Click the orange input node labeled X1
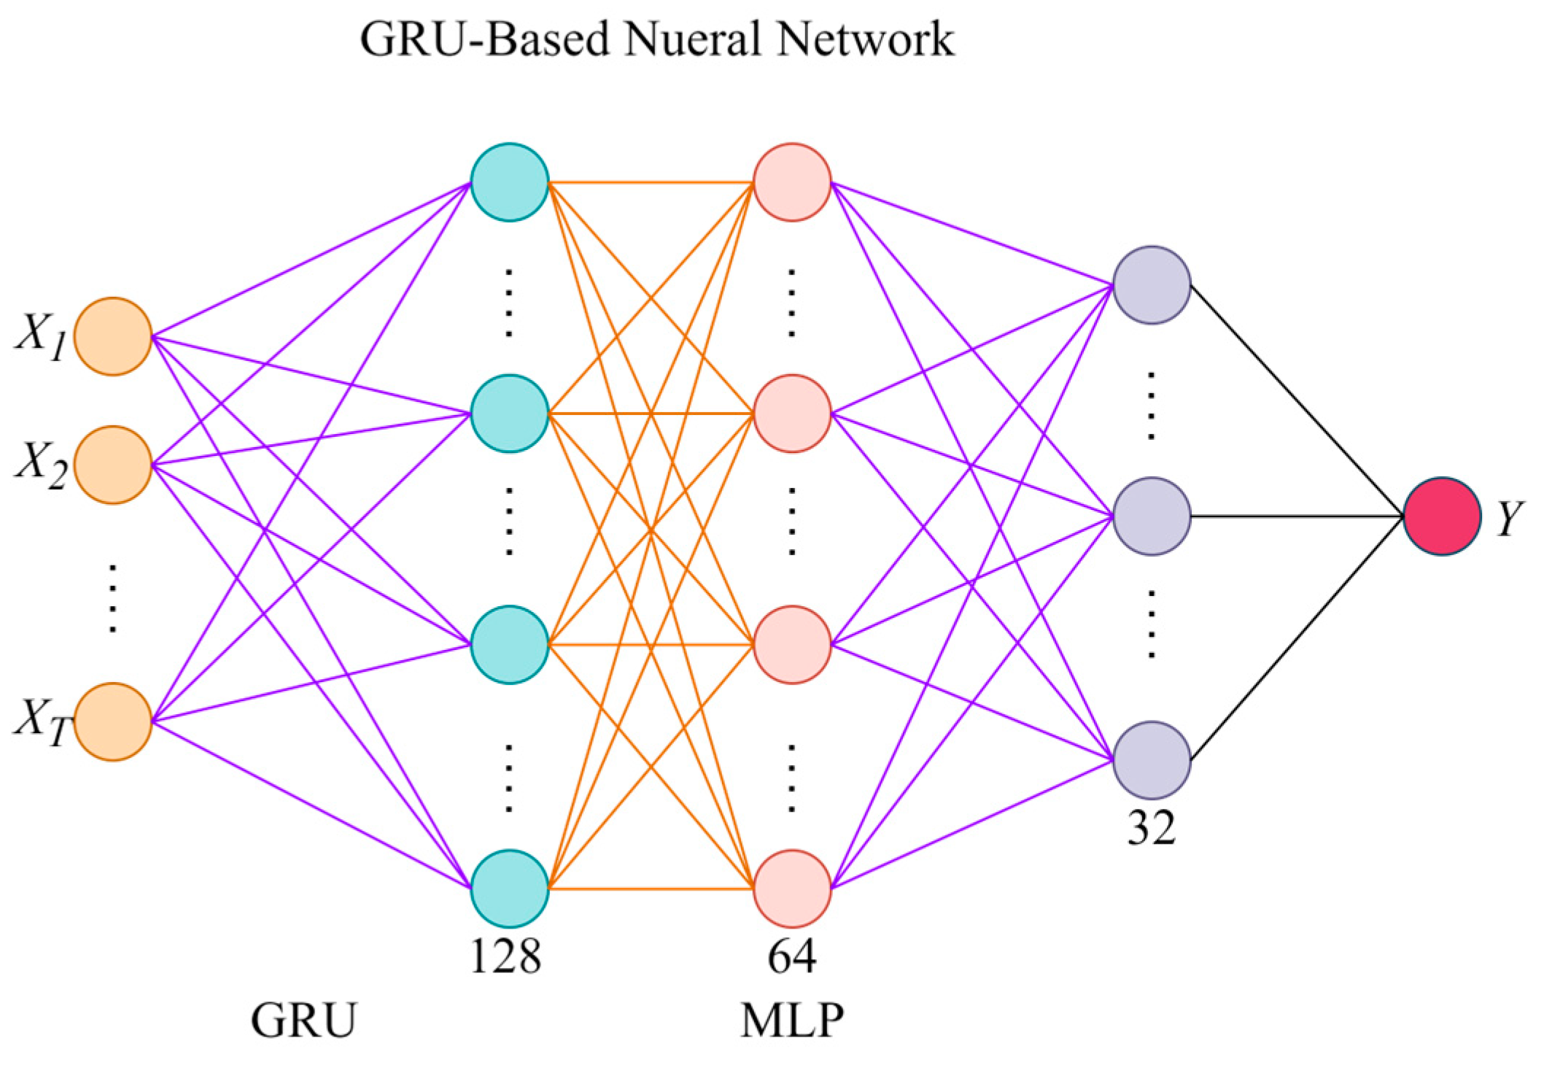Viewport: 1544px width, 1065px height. [x=113, y=336]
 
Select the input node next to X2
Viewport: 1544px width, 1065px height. [x=113, y=465]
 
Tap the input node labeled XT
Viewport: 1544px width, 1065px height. [x=113, y=722]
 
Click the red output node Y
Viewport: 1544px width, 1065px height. [x=1442, y=516]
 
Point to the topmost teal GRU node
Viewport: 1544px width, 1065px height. [x=510, y=182]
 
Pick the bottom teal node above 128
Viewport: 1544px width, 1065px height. [x=510, y=888]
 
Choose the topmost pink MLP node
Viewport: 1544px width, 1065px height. [x=792, y=182]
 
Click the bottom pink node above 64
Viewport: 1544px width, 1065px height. [x=792, y=888]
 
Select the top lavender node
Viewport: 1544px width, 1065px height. [x=1152, y=285]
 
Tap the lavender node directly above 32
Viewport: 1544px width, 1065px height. [x=1152, y=760]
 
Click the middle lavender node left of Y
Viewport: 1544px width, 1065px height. [x=1152, y=516]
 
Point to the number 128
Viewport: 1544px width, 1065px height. [x=506, y=956]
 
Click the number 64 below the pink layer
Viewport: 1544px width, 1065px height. [x=792, y=956]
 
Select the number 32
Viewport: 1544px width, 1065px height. [x=1152, y=828]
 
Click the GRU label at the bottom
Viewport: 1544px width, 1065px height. [x=304, y=1020]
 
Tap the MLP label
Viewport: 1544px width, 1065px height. [x=792, y=1020]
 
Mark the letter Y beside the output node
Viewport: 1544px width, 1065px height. [x=1510, y=519]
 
